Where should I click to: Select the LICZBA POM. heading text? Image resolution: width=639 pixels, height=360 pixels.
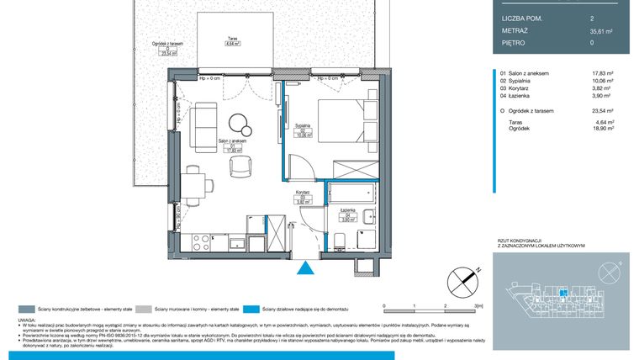tap(523, 18)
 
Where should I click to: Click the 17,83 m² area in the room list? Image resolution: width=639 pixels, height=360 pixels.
tap(602, 73)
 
